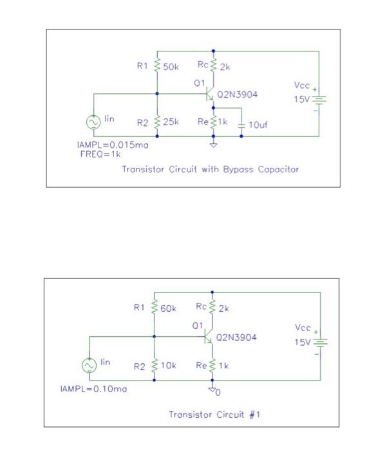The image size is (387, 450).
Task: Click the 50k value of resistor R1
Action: (171, 66)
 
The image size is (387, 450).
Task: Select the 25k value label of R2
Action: (171, 122)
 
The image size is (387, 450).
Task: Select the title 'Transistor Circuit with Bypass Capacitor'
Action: (210, 170)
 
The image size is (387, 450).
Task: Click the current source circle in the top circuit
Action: (93, 122)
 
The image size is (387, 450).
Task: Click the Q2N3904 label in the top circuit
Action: (238, 94)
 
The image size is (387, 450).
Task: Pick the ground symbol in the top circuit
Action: (214, 145)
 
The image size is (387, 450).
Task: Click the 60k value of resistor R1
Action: (169, 309)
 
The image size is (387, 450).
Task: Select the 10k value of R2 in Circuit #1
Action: (169, 365)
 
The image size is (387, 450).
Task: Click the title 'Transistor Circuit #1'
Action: (214, 415)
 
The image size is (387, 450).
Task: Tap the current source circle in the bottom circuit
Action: (90, 365)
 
